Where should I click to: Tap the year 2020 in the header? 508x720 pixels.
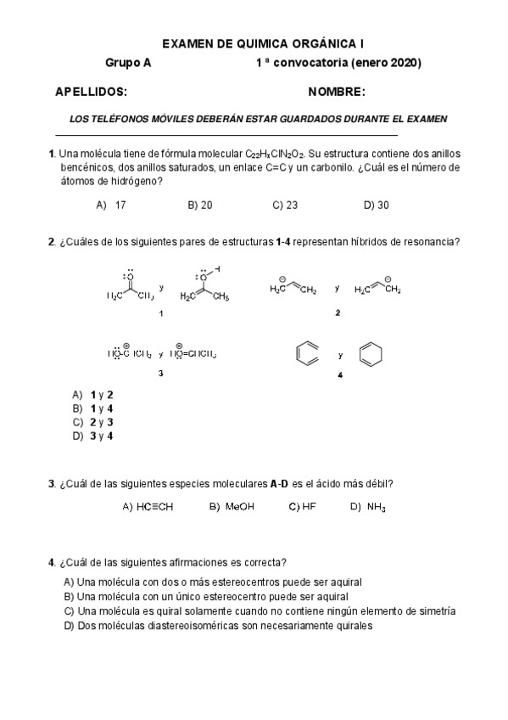pos(404,63)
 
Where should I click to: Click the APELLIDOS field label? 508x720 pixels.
pos(91,92)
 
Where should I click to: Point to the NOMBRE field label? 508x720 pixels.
pos(337,92)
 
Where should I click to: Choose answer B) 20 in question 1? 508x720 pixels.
pos(200,205)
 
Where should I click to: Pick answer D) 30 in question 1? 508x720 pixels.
pos(376,205)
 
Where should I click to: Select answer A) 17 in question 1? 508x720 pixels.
pos(111,205)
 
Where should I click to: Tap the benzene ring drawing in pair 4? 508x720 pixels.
pos(307,354)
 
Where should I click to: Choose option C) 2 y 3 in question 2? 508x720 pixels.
pos(93,422)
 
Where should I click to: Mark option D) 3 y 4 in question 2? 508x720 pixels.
pos(93,436)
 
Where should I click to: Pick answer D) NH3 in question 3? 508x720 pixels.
pos(368,507)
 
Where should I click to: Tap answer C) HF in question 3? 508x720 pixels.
pos(303,507)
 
